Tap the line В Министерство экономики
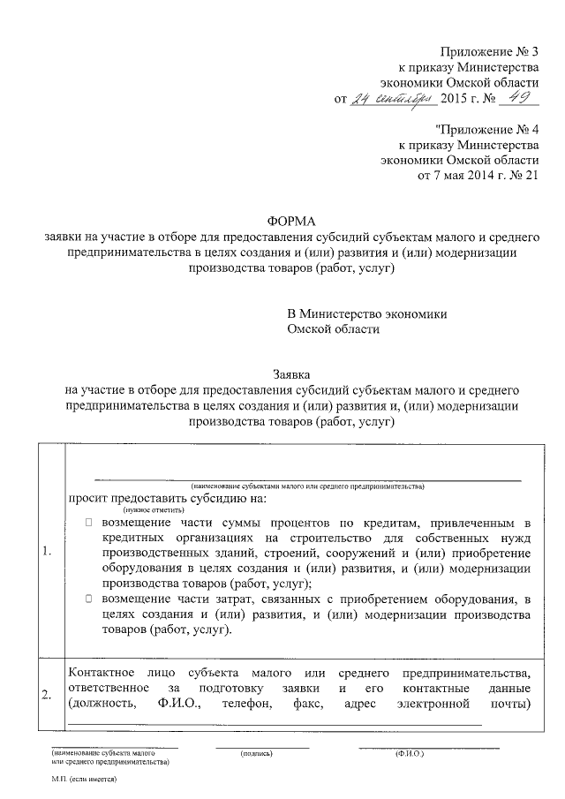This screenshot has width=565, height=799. tap(367, 314)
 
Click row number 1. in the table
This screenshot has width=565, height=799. tap(48, 554)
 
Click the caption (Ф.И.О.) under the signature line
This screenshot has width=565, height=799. tap(410, 755)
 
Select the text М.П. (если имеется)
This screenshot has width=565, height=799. tap(85, 781)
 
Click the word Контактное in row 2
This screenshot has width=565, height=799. tap(100, 672)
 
